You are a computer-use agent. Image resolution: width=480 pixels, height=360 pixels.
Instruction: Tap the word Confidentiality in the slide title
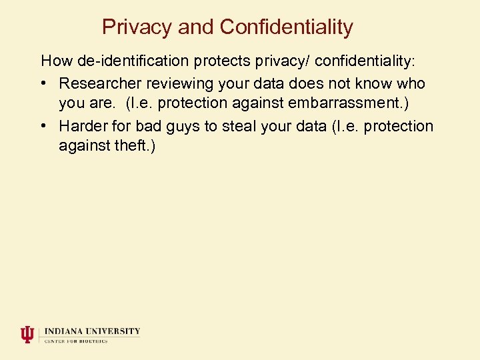[x=286, y=27]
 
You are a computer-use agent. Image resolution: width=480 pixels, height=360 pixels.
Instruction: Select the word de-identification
[x=133, y=61]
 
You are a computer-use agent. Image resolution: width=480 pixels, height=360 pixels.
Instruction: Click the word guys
[x=182, y=127]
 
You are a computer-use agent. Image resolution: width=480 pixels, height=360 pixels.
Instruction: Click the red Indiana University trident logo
[x=27, y=334]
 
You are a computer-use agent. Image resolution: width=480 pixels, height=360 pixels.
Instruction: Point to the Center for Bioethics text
[x=76, y=341]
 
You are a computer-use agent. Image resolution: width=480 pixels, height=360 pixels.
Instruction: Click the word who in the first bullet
[x=411, y=84]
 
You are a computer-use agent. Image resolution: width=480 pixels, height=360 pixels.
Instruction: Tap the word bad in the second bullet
[x=149, y=126]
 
